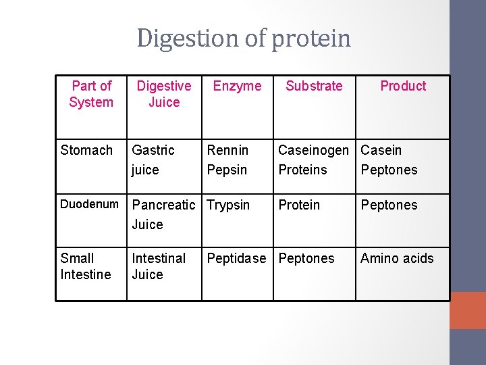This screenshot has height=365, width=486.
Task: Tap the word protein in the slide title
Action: coord(311,39)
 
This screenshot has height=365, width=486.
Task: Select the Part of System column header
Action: coord(91,94)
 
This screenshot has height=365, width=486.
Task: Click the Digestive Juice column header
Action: coord(164,94)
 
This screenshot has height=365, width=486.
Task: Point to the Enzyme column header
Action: coord(237,86)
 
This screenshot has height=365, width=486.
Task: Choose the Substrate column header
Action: coord(314,86)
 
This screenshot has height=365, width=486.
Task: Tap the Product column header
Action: coord(403,86)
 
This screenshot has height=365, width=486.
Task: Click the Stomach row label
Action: coord(86,150)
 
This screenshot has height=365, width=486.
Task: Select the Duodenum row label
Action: coord(89,204)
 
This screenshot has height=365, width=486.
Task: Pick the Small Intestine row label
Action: coord(86,266)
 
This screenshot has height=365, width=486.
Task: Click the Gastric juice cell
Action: coord(153,160)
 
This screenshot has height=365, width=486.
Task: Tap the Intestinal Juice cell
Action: coord(159,266)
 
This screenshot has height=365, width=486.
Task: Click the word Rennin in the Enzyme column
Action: coord(227,150)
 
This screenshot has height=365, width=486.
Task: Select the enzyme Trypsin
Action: coord(228,205)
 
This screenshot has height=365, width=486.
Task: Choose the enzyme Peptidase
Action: coord(236,258)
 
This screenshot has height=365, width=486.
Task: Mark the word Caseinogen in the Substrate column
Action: coord(314,150)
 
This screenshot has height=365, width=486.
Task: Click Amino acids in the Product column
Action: coord(397,258)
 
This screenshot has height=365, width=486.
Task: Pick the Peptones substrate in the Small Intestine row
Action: coord(306,258)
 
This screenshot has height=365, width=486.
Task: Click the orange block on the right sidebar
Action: coord(468,310)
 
